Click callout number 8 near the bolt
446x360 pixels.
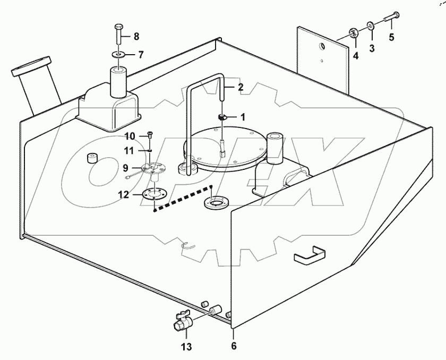[136, 37]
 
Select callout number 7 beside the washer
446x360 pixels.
[141, 54]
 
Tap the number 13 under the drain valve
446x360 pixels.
[186, 348]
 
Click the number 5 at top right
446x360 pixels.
[392, 37]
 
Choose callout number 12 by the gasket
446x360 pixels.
[123, 195]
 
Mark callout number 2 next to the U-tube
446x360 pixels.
[241, 87]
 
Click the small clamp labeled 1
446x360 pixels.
[224, 117]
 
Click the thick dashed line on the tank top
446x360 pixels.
[183, 199]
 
